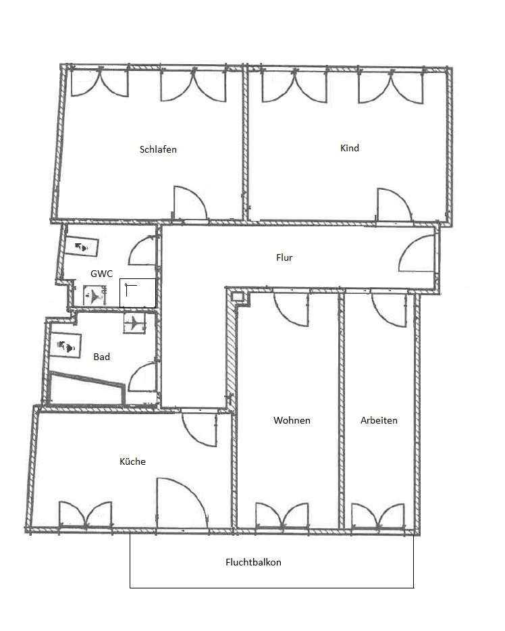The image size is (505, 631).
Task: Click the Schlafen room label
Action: pyautogui.click(x=158, y=149)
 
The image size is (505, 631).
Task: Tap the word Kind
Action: pyautogui.click(x=350, y=148)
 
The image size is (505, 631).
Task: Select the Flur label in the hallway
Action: pyautogui.click(x=284, y=257)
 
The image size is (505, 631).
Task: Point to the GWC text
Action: pyautogui.click(x=101, y=274)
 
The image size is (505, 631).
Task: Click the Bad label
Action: pyautogui.click(x=101, y=357)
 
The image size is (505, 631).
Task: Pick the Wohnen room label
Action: pyautogui.click(x=292, y=420)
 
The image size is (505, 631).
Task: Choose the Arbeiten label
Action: pyautogui.click(x=379, y=420)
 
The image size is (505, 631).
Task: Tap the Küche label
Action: pyautogui.click(x=132, y=461)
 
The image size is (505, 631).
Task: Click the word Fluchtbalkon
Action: pyautogui.click(x=253, y=562)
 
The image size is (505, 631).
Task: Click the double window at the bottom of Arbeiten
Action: pyautogui.click(x=378, y=515)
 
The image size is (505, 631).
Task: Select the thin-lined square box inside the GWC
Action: pyautogui.click(x=138, y=293)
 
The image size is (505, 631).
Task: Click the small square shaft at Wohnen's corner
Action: pyautogui.click(x=237, y=297)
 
